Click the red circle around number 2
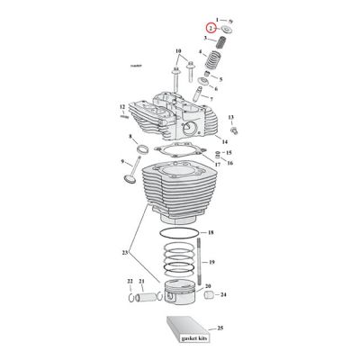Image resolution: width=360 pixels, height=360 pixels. pos(211,29)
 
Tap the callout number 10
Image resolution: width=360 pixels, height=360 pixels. pos(178,50)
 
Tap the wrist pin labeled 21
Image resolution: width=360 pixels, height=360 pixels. pos(142,297)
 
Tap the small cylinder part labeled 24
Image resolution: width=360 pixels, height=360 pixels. pos(210,294)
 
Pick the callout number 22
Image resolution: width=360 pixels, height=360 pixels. pos(129,283)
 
